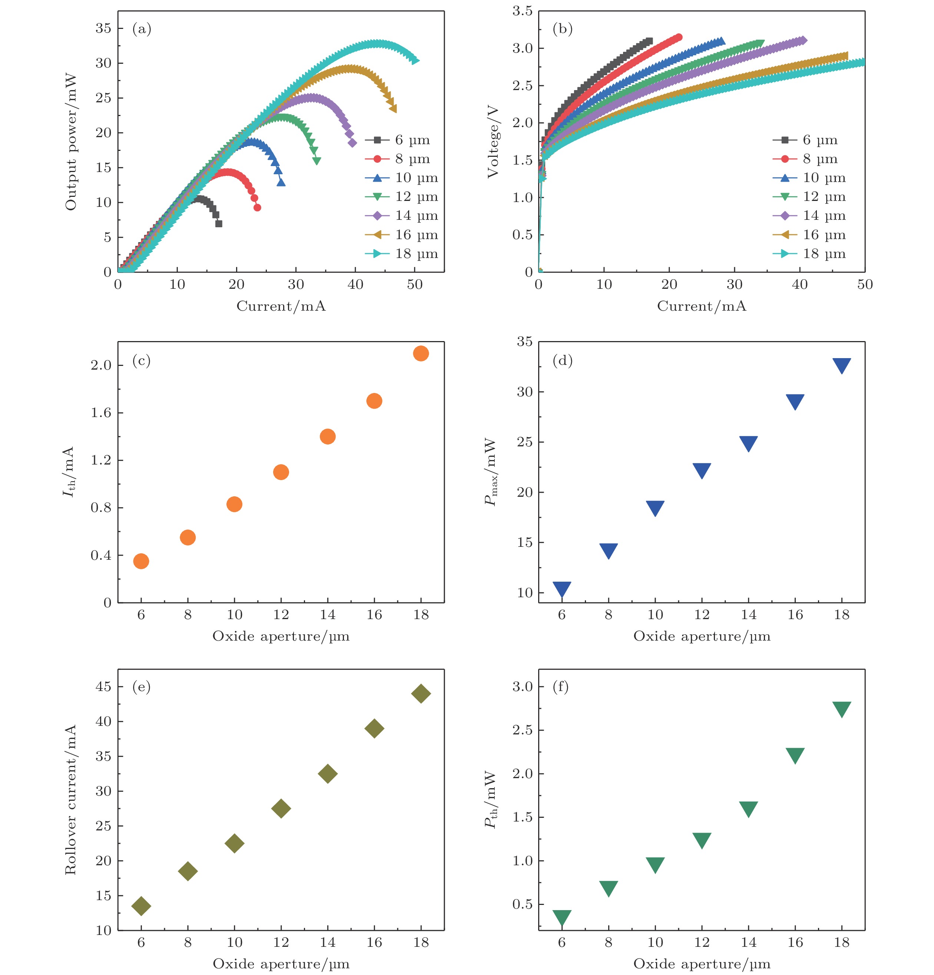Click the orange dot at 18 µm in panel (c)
pyautogui.click(x=421, y=353)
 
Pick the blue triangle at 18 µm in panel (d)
pyautogui.click(x=841, y=365)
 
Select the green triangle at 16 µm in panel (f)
pyautogui.click(x=795, y=755)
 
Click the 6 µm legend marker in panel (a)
pyautogui.click(x=377, y=140)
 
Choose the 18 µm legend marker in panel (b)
pyautogui.click(x=785, y=254)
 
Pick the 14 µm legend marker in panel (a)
pyautogui.click(x=377, y=215)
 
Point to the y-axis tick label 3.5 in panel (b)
pyautogui.click(x=522, y=11)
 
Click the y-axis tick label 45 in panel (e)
pyautogui.click(x=103, y=687)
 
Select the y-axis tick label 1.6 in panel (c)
pyautogui.click(x=101, y=412)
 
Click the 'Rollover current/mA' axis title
pyautogui.click(x=71, y=799)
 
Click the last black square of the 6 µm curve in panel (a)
pyautogui.click(x=218, y=223)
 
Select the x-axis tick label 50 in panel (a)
pyautogui.click(x=414, y=285)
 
